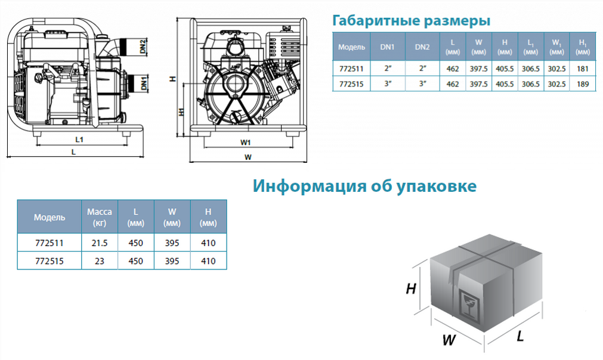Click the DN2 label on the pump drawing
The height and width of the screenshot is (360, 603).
[143, 46]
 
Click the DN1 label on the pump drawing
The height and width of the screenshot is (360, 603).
[144, 83]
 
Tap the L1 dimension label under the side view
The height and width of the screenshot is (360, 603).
[79, 139]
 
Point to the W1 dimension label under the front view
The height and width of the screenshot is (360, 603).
[245, 142]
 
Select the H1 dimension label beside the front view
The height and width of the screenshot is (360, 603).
[181, 111]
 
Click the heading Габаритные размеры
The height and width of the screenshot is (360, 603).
[411, 20]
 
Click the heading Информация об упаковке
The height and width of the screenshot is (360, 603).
[364, 186]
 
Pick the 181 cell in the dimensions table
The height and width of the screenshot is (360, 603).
[583, 69]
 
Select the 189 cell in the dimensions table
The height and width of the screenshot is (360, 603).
[583, 84]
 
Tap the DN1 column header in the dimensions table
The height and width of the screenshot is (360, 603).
[387, 47]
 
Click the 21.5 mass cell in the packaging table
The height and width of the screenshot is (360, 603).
[99, 243]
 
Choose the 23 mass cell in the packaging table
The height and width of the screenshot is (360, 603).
[99, 261]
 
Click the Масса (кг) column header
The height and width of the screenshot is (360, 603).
[99, 217]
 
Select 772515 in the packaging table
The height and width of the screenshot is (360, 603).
[50, 261]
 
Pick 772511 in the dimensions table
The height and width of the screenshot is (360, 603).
[351, 69]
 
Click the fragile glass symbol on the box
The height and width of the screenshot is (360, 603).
[468, 302]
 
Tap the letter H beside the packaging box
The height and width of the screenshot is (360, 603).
[411, 288]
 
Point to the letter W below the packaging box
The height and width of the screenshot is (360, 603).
[449, 340]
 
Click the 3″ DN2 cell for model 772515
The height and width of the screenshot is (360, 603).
[422, 83]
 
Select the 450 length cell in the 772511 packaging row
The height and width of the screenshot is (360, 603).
[135, 243]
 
